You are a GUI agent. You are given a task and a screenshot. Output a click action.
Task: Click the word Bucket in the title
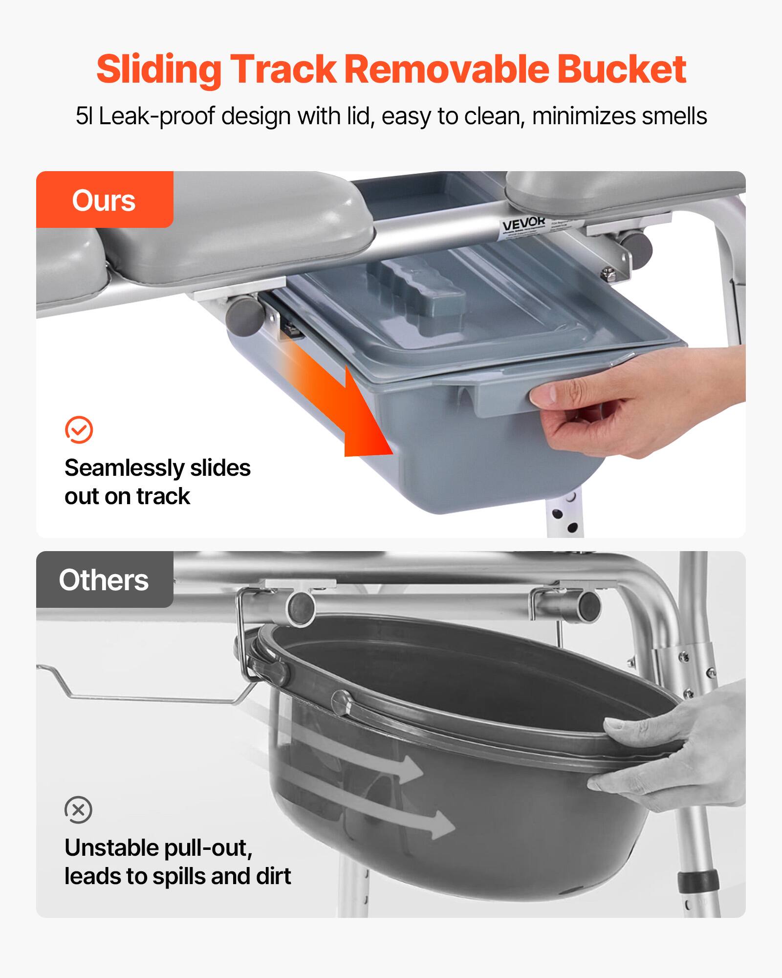click(x=622, y=69)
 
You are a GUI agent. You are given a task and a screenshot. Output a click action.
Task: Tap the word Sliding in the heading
click(x=159, y=69)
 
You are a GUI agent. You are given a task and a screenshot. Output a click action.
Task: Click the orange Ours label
click(x=104, y=200)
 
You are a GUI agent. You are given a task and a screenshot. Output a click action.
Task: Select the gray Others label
click(x=104, y=580)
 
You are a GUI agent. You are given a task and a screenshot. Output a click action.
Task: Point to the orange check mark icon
click(x=79, y=430)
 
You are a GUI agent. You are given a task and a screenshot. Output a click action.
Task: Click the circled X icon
click(x=78, y=810)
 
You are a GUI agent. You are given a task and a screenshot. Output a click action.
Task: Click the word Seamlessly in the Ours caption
click(x=124, y=468)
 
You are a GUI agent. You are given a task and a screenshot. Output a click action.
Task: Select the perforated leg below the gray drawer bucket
click(x=565, y=518)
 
